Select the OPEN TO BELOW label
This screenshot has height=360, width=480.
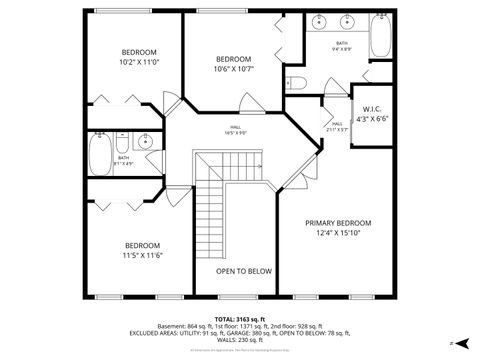click(x=244, y=271)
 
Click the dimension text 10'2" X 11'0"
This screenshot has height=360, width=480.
click(x=140, y=62)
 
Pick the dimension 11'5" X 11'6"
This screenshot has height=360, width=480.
click(x=142, y=255)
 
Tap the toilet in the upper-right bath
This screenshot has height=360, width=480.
click(x=295, y=82)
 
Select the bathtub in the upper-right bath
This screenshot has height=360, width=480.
click(x=383, y=36)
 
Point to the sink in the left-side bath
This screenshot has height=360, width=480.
click(x=146, y=142)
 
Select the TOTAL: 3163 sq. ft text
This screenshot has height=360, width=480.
click(x=239, y=316)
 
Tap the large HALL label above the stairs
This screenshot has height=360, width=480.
click(x=236, y=127)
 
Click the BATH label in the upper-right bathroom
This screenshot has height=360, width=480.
click(x=342, y=43)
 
